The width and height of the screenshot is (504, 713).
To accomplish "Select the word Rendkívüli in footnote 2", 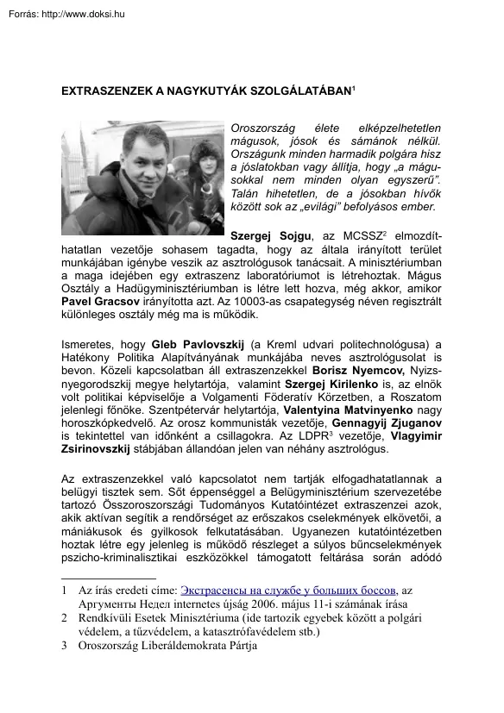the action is point(109,619).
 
